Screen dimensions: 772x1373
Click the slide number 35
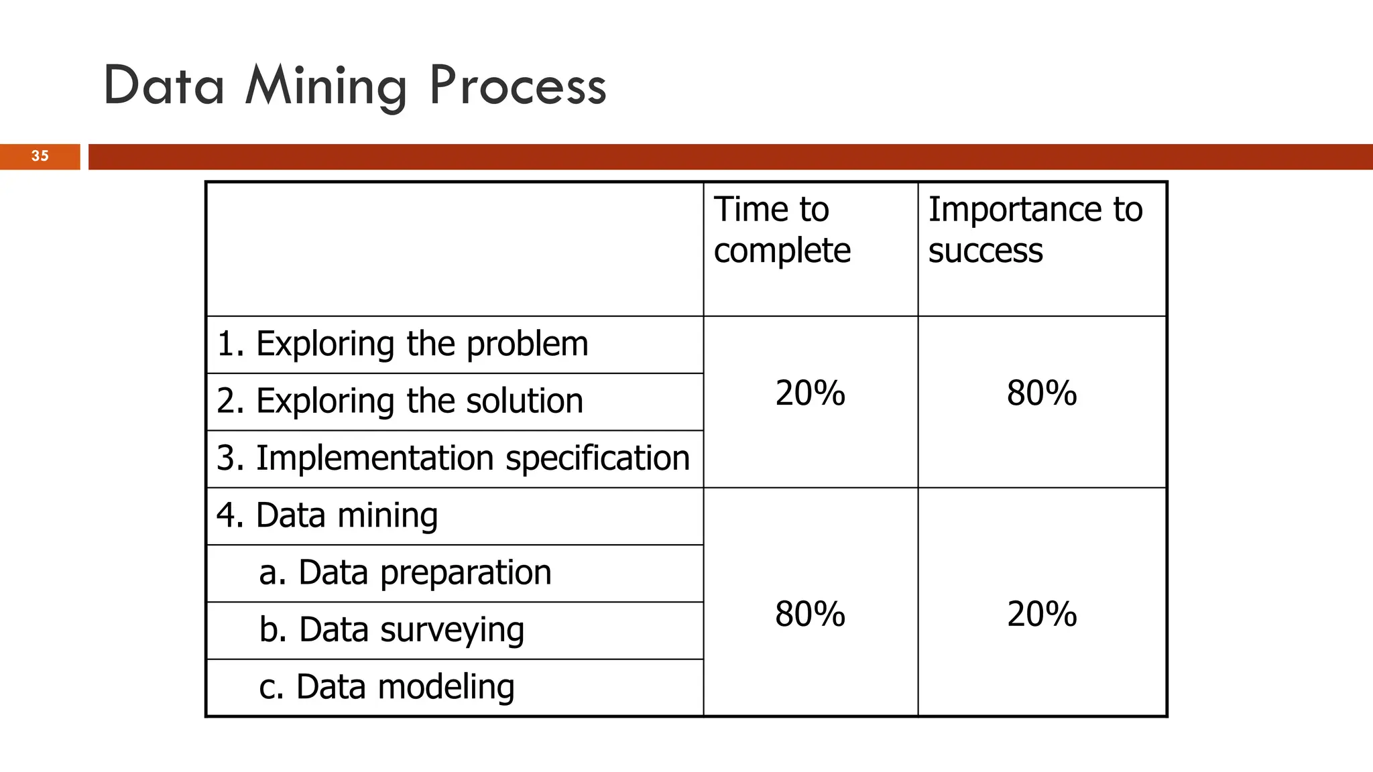click(x=40, y=156)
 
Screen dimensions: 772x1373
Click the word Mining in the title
click(x=326, y=86)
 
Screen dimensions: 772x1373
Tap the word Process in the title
click(x=518, y=86)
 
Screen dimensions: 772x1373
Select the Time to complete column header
click(x=782, y=230)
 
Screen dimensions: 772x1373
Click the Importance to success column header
click(x=1034, y=230)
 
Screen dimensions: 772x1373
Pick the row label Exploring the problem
click(x=402, y=344)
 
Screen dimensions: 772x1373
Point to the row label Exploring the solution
click(x=400, y=401)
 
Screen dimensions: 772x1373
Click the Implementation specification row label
click(x=453, y=458)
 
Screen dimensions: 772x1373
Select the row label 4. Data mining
click(x=327, y=516)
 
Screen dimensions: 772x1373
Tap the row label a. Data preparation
click(x=405, y=573)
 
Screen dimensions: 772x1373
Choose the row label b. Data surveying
click(x=392, y=631)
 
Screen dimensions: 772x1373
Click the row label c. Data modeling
click(x=387, y=688)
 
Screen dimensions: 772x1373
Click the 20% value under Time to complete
click(x=810, y=393)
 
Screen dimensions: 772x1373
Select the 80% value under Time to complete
click(x=810, y=615)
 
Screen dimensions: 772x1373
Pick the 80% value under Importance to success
click(x=1041, y=393)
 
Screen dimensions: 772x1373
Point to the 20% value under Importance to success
click(x=1041, y=615)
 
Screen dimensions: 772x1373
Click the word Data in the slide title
click(x=164, y=86)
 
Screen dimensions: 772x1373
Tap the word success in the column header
click(x=986, y=251)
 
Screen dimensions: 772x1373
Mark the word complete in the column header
click(x=782, y=251)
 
